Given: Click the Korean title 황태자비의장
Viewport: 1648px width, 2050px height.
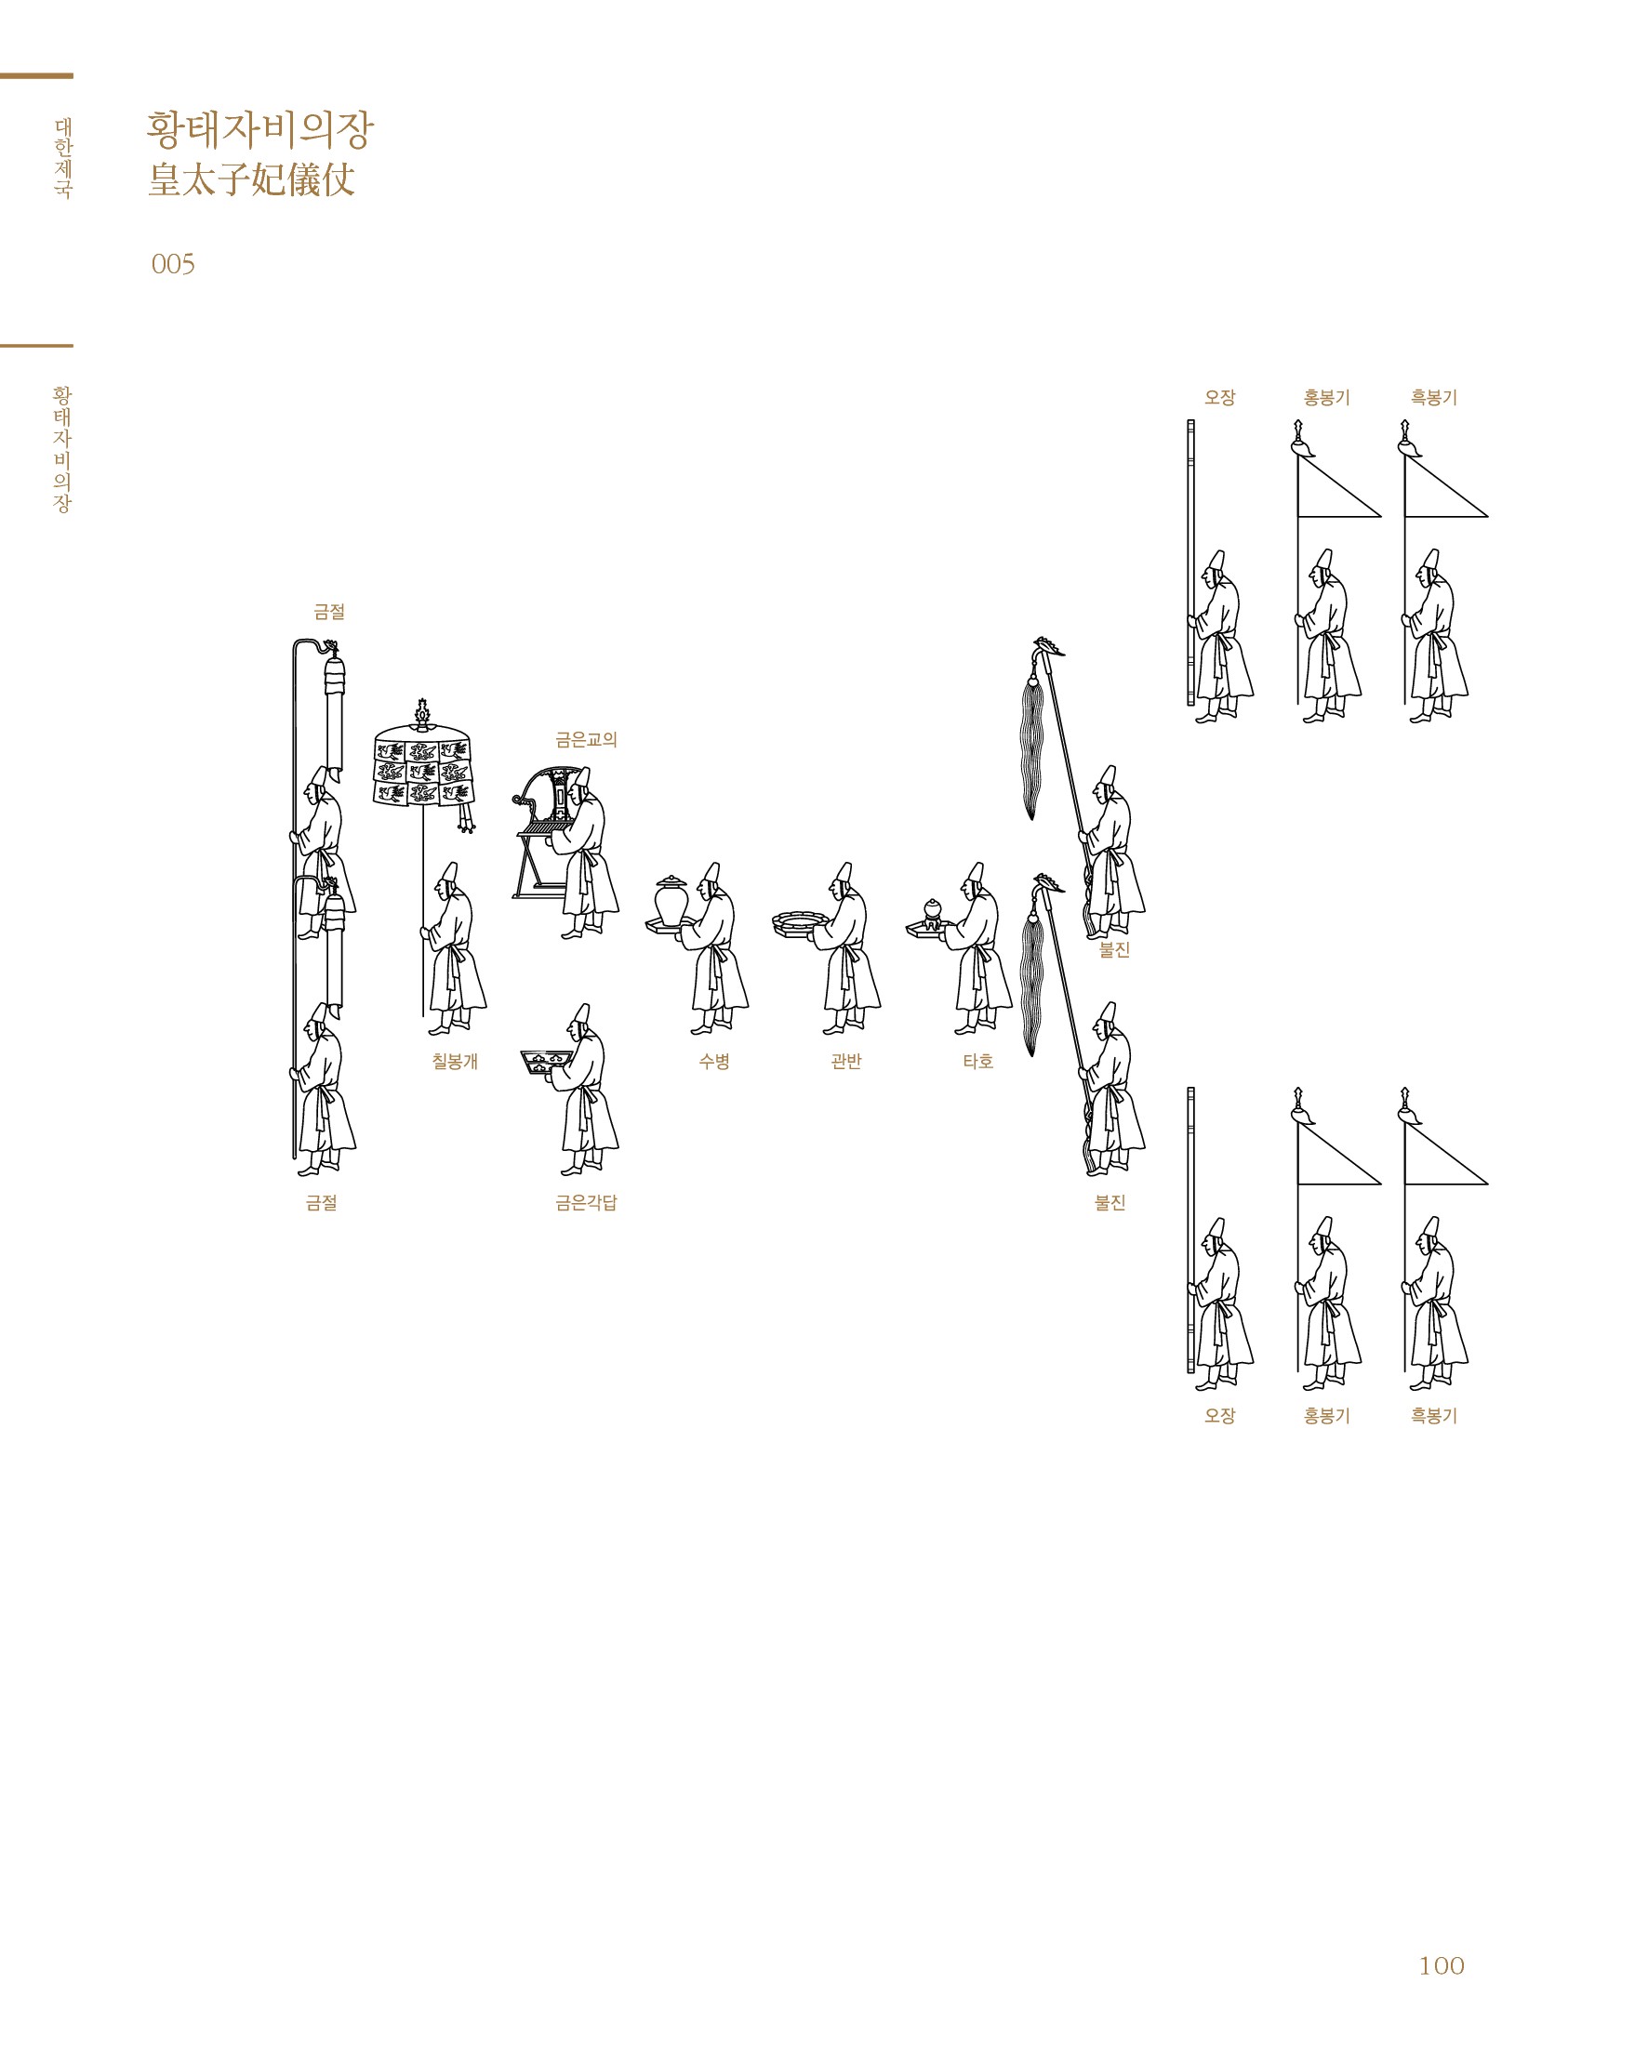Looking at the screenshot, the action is [259, 129].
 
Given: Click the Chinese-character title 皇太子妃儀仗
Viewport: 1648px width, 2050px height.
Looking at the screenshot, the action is [251, 179].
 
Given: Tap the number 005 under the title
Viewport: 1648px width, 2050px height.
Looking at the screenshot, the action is [173, 263].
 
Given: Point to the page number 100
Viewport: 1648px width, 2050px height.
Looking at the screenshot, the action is [1441, 1965].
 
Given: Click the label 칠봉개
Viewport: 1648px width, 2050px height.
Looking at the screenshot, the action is [455, 1061].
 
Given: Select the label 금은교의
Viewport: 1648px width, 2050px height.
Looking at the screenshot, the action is [586, 739].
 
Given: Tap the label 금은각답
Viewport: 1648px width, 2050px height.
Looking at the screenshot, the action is [586, 1202].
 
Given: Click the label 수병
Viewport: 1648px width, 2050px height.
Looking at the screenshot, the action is [714, 1061].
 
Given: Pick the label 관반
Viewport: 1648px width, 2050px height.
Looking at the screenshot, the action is [845, 1061].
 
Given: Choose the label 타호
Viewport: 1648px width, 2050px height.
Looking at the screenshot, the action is [977, 1061].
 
